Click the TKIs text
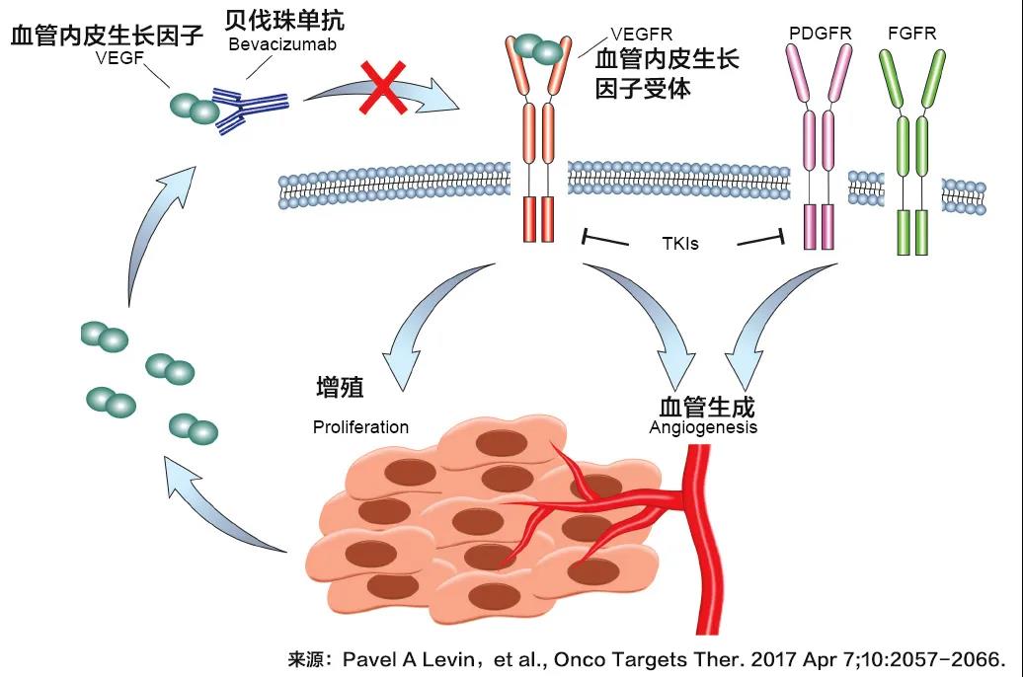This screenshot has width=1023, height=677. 679,242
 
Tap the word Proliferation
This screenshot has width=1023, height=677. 360,427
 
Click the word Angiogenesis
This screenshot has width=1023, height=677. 703,427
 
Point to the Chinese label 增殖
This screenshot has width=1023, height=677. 340,388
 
